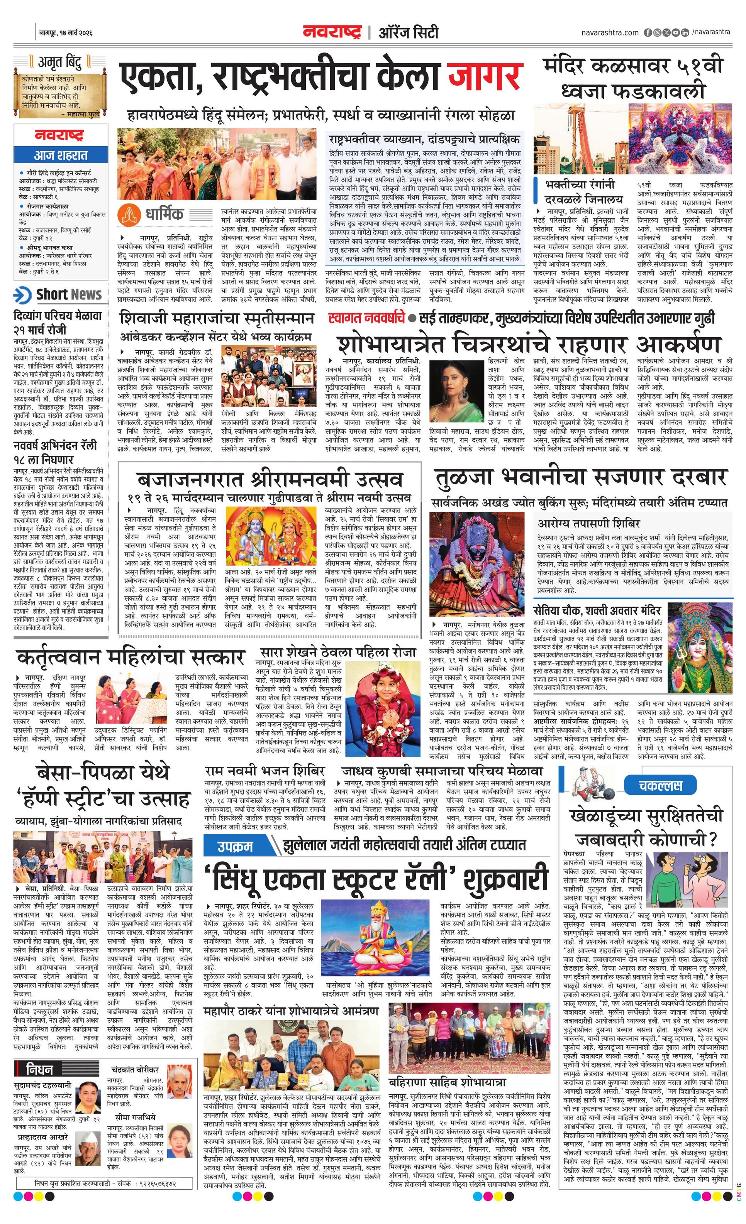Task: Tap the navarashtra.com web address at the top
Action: click(610, 33)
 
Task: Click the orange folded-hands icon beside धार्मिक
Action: click(127, 214)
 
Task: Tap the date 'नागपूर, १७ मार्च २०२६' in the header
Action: click(66, 33)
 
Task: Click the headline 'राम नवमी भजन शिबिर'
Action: click(265, 771)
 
